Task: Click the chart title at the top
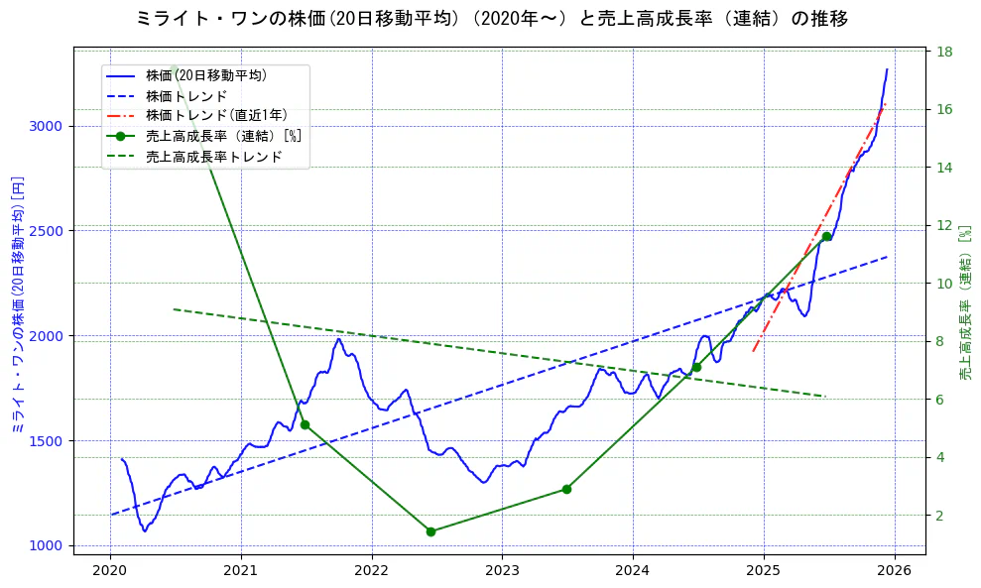(x=491, y=18)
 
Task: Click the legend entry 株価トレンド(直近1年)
(x=216, y=116)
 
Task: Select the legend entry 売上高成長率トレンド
(x=213, y=157)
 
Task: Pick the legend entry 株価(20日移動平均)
(x=205, y=75)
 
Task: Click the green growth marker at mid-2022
(x=430, y=531)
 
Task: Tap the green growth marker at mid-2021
(x=305, y=424)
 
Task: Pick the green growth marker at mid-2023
(x=566, y=489)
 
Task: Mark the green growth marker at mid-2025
(x=826, y=236)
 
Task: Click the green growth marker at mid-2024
(x=696, y=367)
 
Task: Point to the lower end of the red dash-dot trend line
(x=754, y=351)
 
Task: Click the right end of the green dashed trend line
(x=825, y=396)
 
